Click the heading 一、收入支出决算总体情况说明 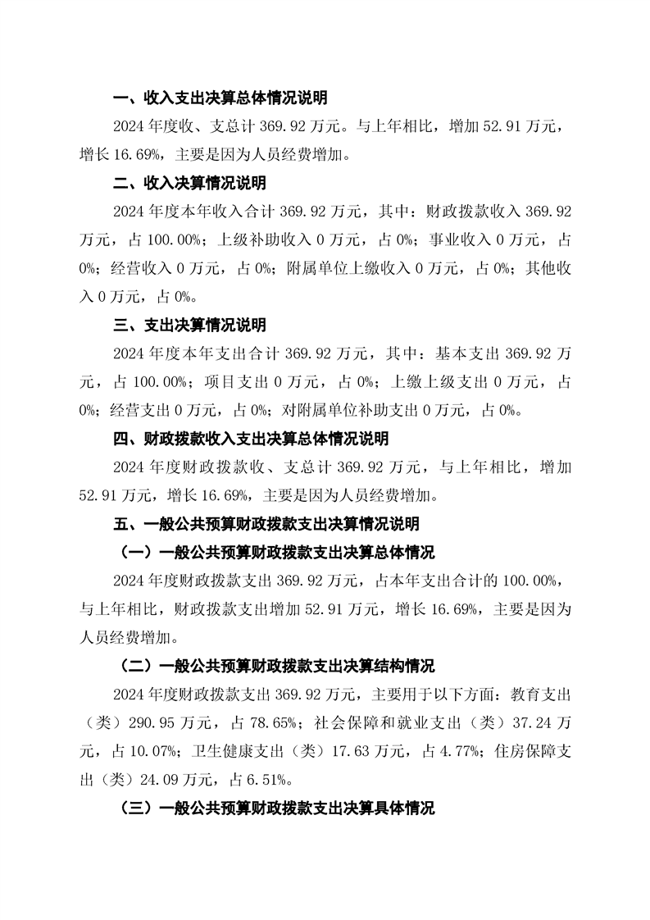click(x=220, y=98)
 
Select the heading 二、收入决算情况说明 click(x=189, y=183)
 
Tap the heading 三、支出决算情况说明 click(x=189, y=326)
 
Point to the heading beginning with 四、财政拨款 click(x=250, y=439)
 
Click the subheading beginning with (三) click(x=277, y=808)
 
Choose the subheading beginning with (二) click(x=277, y=665)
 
